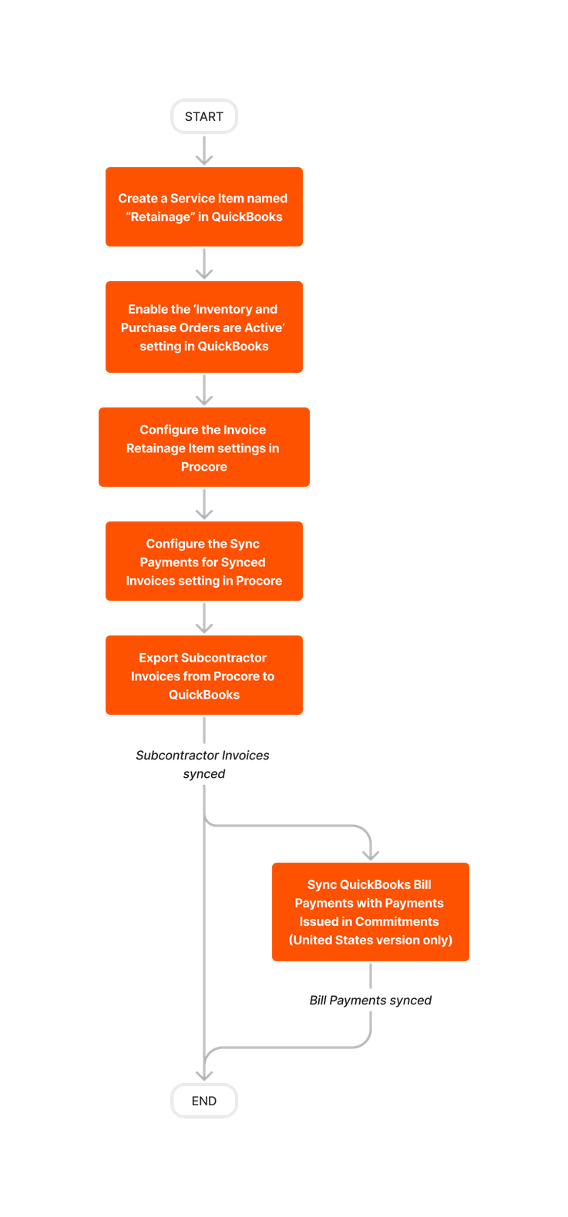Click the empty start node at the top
coord(204,116)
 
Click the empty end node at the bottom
coord(204,1101)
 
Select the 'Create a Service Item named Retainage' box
coord(204,206)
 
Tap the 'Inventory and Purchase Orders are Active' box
coord(204,327)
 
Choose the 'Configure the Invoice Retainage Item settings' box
coord(204,448)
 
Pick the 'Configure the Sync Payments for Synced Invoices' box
coord(204,562)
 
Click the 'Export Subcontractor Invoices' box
coord(204,676)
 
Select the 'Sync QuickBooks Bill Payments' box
coord(371,912)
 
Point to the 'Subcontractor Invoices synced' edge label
coord(203,764)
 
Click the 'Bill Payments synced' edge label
coord(371,1000)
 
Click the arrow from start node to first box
coord(204,151)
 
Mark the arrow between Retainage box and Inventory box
coord(204,264)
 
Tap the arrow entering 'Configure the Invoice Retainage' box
coord(204,391)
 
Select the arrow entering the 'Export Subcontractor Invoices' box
coord(204,619)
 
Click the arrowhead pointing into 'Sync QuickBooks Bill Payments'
coord(371,853)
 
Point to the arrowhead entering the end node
coord(204,1074)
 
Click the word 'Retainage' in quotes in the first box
coord(160,217)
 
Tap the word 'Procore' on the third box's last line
coord(204,467)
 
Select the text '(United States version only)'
coord(371,940)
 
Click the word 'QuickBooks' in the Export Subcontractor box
coord(204,695)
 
